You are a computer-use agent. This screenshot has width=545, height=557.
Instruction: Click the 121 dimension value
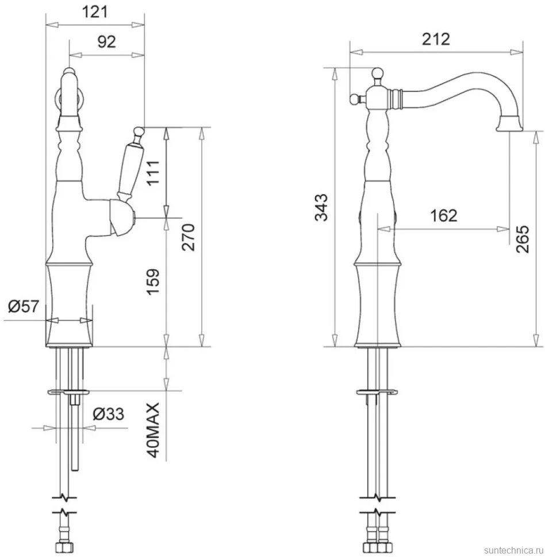(95, 11)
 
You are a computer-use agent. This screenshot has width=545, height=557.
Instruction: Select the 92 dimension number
(107, 42)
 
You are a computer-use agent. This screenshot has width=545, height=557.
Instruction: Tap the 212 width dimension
(436, 38)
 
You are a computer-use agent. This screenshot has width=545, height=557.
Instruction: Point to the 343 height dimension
(321, 207)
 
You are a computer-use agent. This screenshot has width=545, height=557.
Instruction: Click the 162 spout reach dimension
(443, 216)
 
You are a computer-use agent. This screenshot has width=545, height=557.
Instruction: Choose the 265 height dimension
(523, 239)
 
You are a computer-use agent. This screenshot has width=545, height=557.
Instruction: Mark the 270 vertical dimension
(189, 237)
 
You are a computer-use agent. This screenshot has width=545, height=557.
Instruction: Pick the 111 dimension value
(153, 173)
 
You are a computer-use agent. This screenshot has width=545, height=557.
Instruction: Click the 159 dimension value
(153, 282)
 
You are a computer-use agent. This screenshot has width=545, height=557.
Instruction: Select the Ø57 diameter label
(23, 306)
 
